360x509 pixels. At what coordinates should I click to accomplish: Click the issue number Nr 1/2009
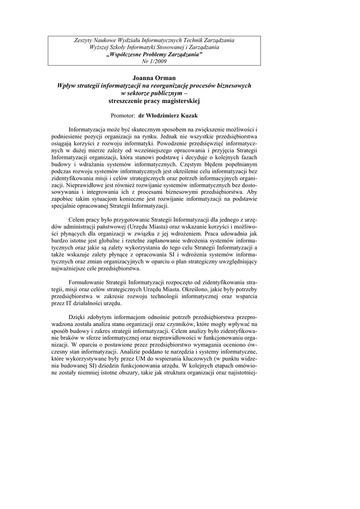(x=155, y=61)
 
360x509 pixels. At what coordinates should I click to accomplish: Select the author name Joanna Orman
(x=155, y=78)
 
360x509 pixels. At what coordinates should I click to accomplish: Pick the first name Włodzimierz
(x=162, y=115)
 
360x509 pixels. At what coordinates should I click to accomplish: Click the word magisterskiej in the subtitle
(x=178, y=100)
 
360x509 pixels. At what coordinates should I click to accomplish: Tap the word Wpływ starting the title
(x=68, y=85)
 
